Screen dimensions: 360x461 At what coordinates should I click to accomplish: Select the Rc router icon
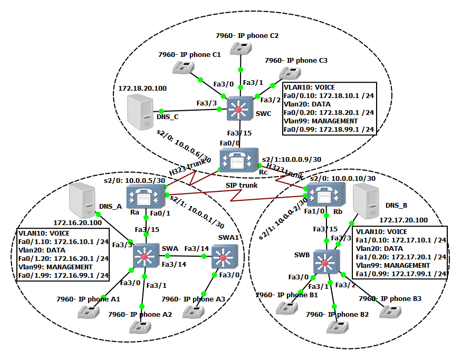click(x=238, y=159)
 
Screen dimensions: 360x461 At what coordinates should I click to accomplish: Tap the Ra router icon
click(x=144, y=196)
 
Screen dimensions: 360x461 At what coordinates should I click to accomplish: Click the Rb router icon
click(x=322, y=196)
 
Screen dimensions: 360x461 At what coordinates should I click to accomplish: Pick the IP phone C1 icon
click(x=184, y=67)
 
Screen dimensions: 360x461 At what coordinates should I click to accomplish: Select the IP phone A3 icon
click(x=193, y=310)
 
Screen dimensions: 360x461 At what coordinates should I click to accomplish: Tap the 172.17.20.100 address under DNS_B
click(x=404, y=219)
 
